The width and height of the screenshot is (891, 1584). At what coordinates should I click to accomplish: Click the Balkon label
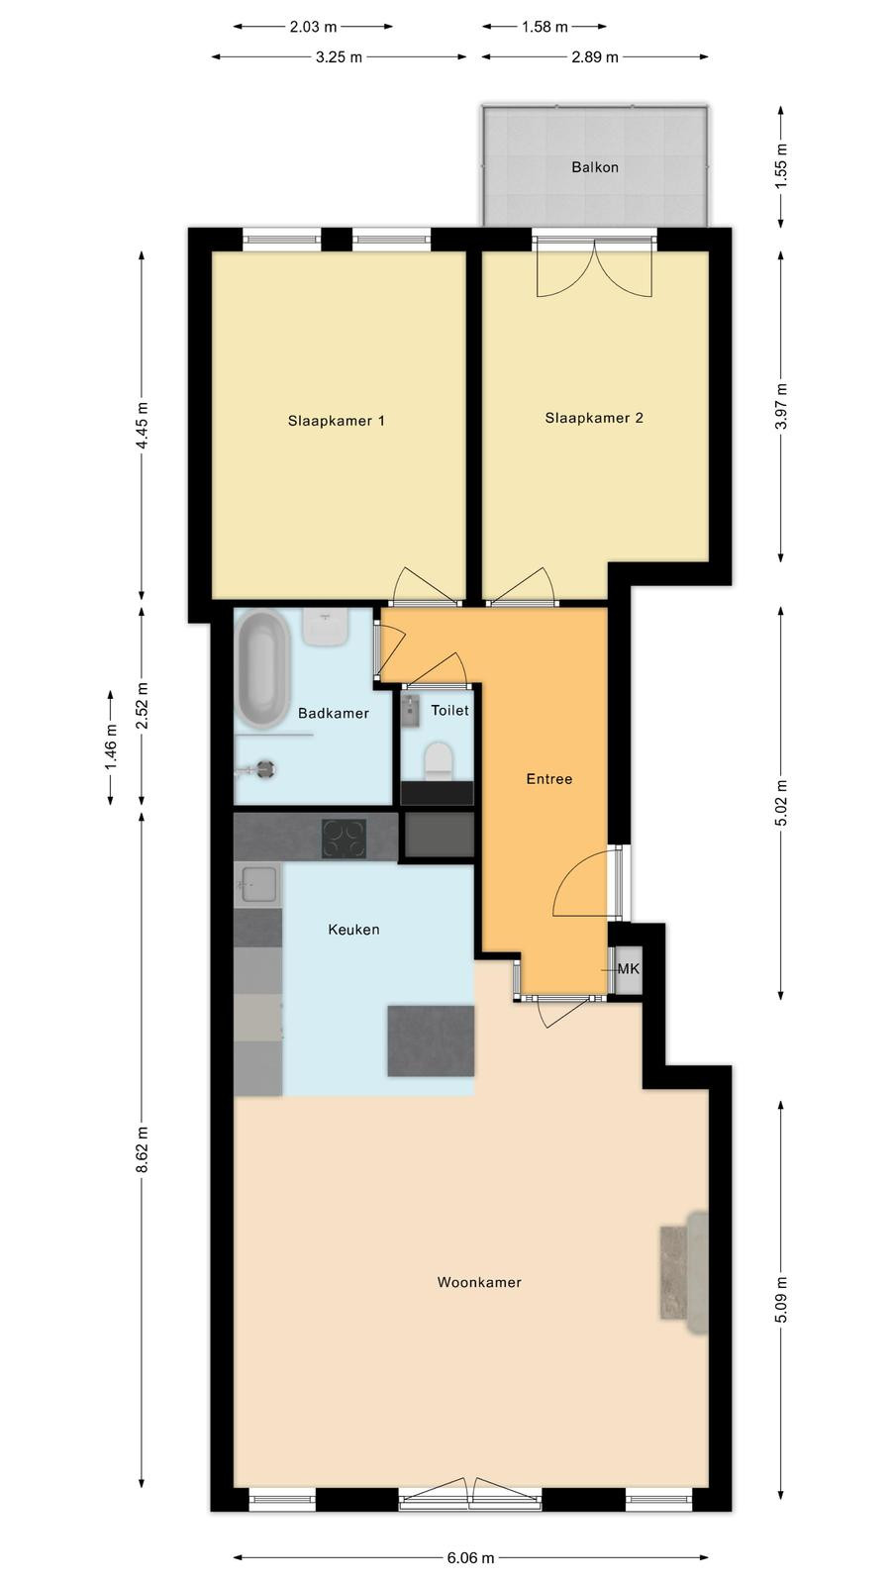tap(595, 167)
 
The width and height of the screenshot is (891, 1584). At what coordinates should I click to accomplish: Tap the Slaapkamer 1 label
tap(336, 421)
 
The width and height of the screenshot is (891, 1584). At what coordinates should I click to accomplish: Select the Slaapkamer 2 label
tap(594, 418)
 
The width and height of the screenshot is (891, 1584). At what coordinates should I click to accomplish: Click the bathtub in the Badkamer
tap(263, 669)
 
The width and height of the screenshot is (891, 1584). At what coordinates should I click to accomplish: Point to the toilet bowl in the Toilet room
tap(438, 761)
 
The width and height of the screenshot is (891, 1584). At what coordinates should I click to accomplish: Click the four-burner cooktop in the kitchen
tap(344, 839)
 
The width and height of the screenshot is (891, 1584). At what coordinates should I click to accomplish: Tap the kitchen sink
tap(257, 884)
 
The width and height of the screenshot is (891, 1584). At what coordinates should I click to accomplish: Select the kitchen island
tap(431, 1040)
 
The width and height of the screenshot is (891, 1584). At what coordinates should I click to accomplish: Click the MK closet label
tap(628, 969)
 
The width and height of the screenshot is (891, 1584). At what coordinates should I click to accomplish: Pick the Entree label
tap(549, 779)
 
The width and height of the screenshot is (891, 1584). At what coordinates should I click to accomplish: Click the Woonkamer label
tap(479, 1282)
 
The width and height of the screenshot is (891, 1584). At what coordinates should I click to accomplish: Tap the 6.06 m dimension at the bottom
tap(471, 1557)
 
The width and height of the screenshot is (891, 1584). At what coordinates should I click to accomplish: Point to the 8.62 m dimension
tap(142, 1149)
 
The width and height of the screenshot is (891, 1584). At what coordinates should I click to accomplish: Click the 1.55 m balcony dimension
tap(781, 166)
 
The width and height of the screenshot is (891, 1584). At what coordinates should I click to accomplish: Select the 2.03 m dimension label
tap(313, 27)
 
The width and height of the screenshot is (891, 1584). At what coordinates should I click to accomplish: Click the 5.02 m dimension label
tap(781, 803)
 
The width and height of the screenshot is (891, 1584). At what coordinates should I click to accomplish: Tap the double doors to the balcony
tap(594, 267)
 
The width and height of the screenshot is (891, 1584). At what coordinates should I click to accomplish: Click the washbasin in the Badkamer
tap(326, 628)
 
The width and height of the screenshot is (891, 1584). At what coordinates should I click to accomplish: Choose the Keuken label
tap(353, 930)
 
